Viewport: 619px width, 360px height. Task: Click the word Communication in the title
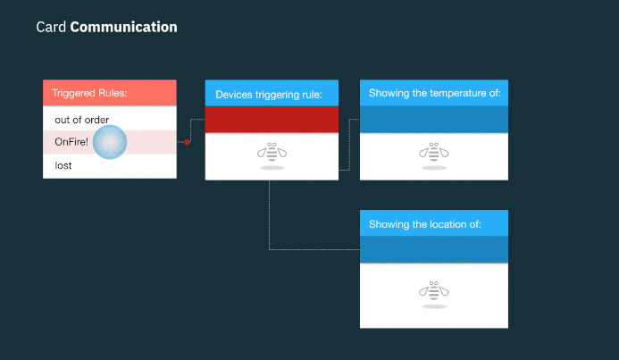point(123,27)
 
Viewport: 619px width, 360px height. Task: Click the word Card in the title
point(51,27)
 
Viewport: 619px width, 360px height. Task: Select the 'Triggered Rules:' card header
point(110,93)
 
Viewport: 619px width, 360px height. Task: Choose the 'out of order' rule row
point(82,120)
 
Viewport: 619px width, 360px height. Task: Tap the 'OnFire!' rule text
point(71,142)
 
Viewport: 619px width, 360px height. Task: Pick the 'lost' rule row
point(63,165)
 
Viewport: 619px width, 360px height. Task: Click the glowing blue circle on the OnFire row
point(112,142)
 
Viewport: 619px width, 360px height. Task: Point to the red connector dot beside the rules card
point(187,142)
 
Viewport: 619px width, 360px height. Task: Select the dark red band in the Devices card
point(272,120)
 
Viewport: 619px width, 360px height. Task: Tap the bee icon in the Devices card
point(272,153)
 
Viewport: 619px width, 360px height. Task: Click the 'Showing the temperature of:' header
point(434,93)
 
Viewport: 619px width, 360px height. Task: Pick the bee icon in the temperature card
point(434,153)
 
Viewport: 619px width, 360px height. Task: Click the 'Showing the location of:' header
point(434,223)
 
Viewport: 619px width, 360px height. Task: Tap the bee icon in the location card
point(434,291)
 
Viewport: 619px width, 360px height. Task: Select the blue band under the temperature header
point(434,120)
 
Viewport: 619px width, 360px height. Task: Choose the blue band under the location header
point(434,249)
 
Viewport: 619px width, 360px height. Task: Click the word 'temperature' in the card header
point(456,93)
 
